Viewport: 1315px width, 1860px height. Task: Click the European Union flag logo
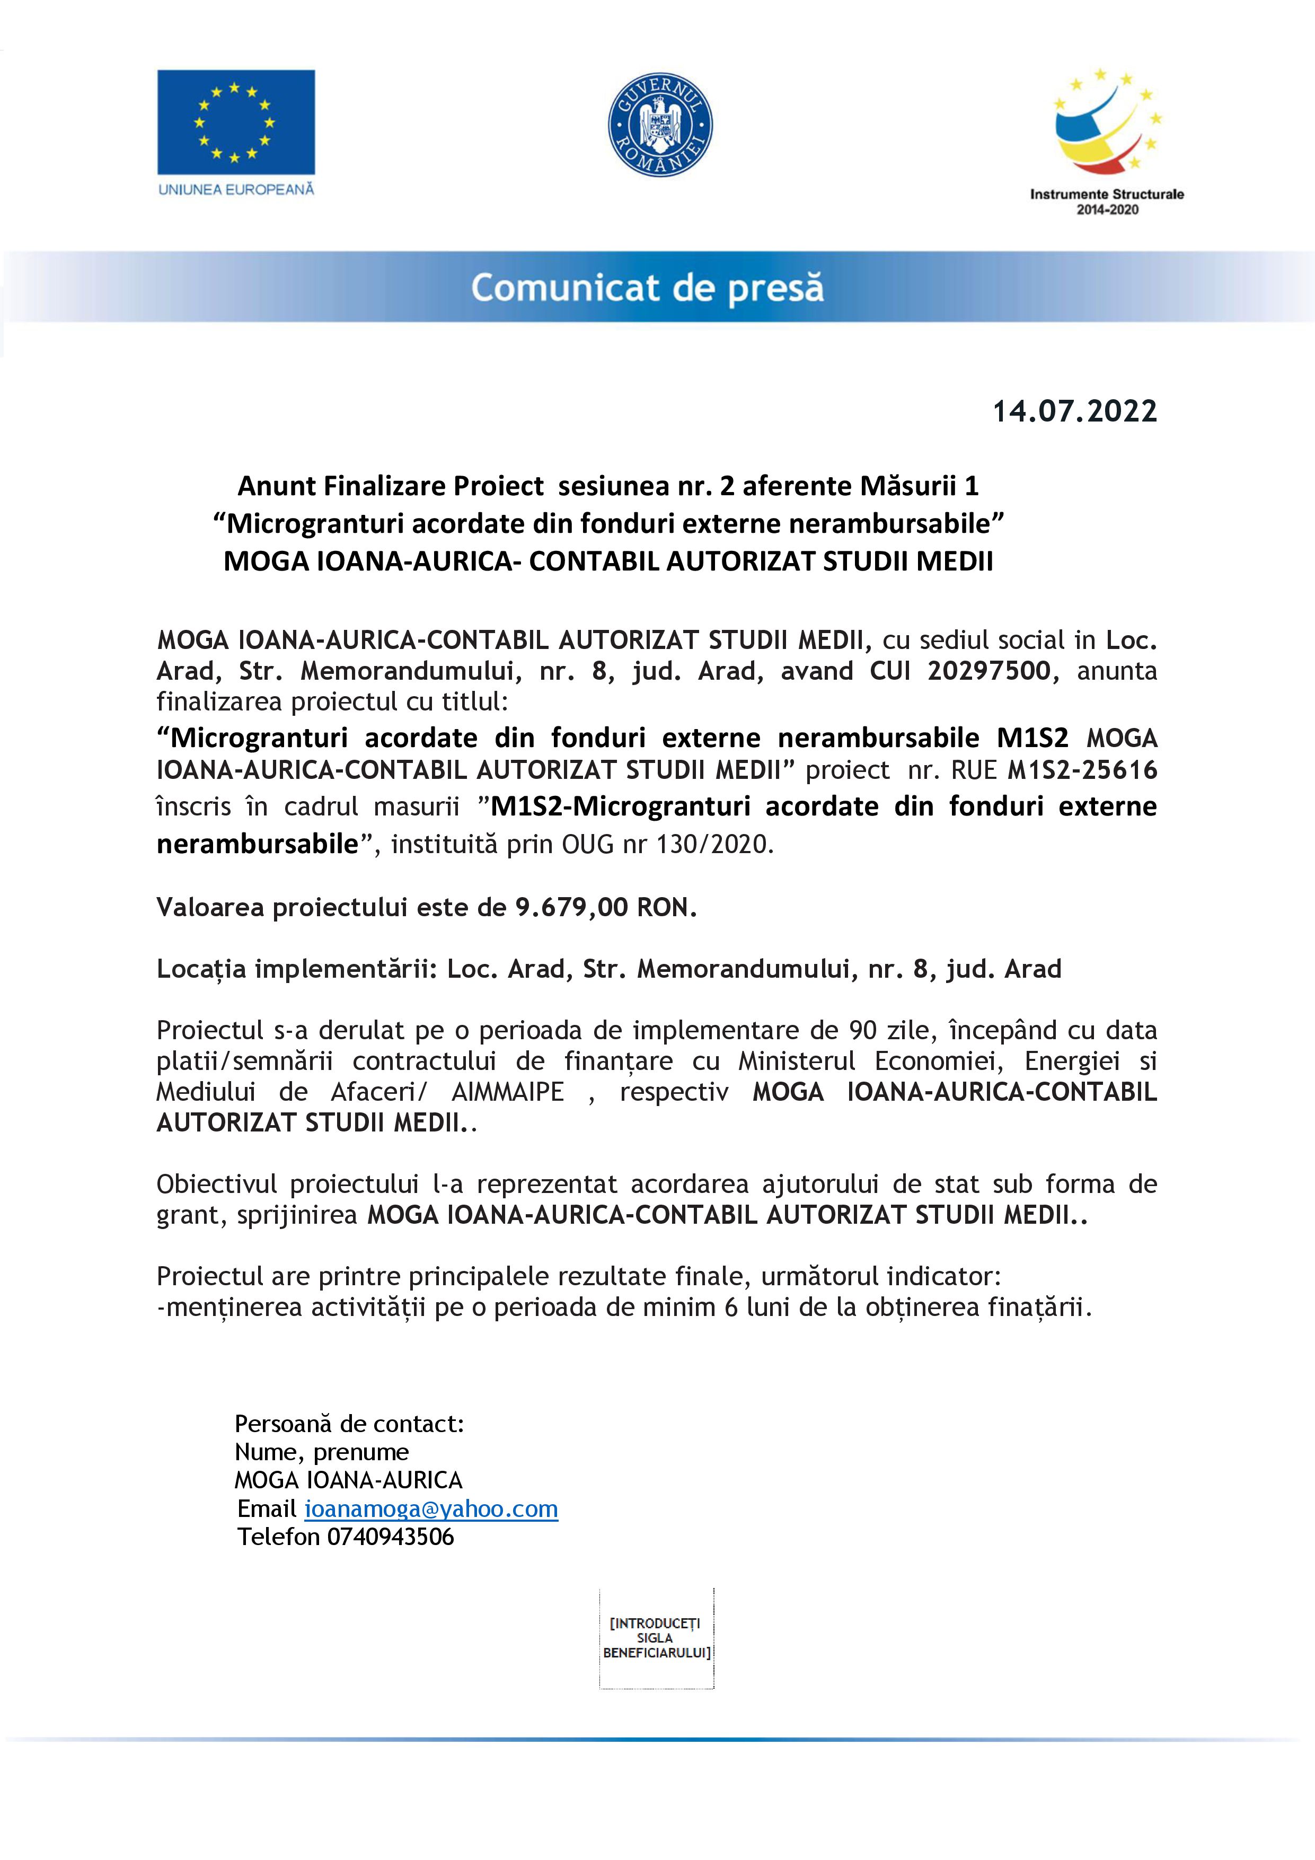[x=236, y=122]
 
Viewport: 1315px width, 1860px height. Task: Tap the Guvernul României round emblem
[x=660, y=125]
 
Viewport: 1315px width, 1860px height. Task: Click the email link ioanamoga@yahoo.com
[x=431, y=1508]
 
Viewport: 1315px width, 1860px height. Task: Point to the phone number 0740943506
[x=390, y=1537]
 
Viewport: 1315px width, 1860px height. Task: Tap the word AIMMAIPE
[x=508, y=1091]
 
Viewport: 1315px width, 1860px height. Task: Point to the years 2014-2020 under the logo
[x=1106, y=210]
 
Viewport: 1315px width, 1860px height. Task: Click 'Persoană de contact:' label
[x=349, y=1423]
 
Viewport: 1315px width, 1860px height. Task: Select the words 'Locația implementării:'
[x=297, y=969]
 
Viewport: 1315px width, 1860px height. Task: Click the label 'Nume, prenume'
[x=322, y=1452]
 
